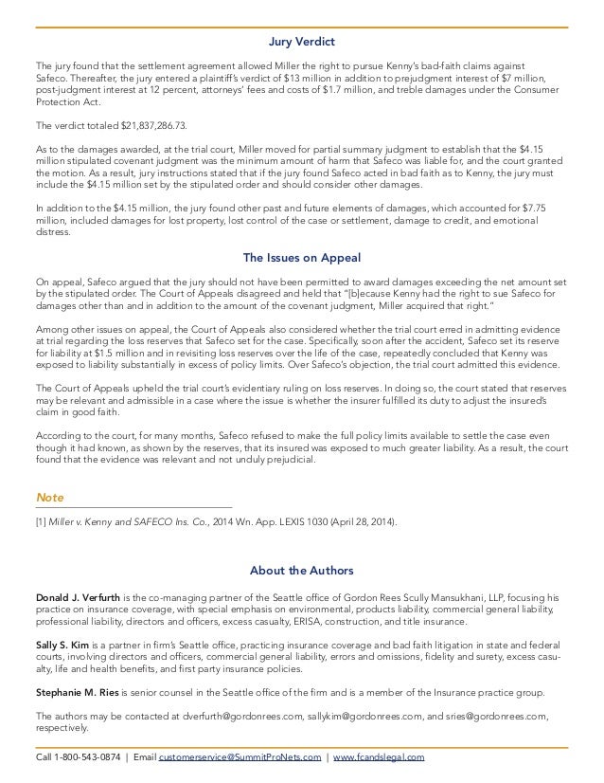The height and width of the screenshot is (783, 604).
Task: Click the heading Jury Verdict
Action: tap(302, 42)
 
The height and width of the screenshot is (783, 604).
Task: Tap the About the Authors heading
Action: tap(302, 571)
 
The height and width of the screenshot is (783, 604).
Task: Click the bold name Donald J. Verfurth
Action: tap(77, 597)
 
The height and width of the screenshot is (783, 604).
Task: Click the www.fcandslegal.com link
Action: tap(379, 757)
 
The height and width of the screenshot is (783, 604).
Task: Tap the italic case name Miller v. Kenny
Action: tap(77, 521)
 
